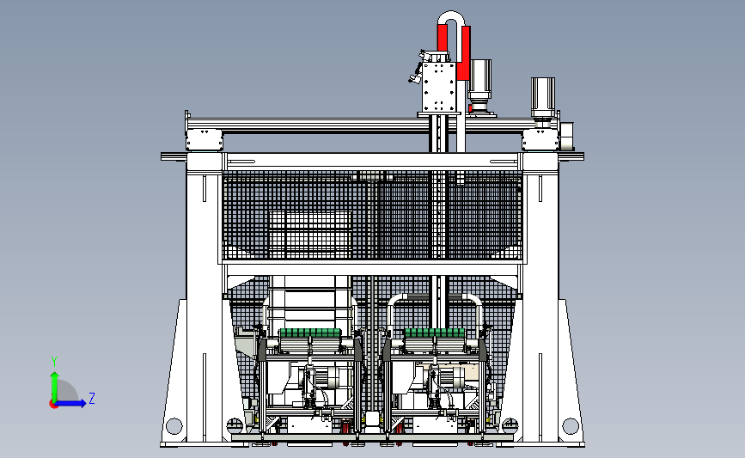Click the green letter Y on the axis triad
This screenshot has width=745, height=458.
point(54,362)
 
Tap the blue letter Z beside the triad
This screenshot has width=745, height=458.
point(92,398)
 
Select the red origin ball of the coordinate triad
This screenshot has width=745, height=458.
point(53,404)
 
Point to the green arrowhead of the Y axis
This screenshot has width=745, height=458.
point(55,376)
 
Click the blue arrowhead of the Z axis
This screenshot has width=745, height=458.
point(82,403)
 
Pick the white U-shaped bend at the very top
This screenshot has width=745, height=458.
point(451,15)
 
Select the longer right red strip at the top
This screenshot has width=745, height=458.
point(464,52)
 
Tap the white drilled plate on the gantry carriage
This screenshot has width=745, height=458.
point(439,87)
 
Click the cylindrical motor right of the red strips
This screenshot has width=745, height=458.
point(479,84)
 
